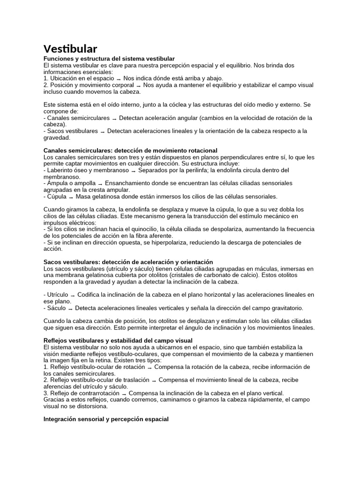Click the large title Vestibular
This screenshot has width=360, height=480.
click(70, 49)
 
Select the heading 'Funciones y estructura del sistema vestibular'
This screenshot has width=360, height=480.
click(109, 58)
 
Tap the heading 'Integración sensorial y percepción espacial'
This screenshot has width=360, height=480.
click(106, 419)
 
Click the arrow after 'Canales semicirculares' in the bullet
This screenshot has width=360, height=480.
click(114, 118)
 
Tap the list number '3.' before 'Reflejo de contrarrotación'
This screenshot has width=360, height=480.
click(46, 393)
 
